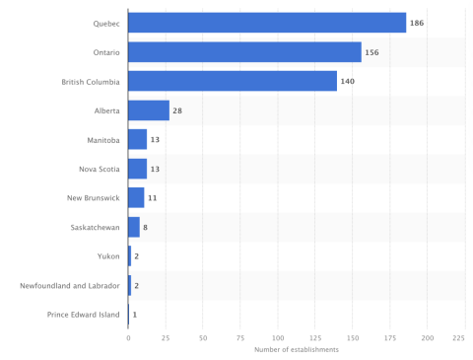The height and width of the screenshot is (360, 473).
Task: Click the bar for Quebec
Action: pyautogui.click(x=266, y=23)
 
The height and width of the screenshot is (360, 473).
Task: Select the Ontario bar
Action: pyautogui.click(x=244, y=52)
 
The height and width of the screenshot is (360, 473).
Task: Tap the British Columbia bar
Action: pyautogui.click(x=233, y=81)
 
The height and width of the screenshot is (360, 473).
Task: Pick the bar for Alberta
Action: pyautogui.click(x=149, y=110)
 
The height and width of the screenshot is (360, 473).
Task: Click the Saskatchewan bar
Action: pyautogui.click(x=134, y=227)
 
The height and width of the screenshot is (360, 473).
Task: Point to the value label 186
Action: pyautogui.click(x=417, y=23)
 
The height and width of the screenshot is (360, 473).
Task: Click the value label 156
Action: pyautogui.click(x=372, y=52)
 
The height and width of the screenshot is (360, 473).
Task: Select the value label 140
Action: pyautogui.click(x=348, y=81)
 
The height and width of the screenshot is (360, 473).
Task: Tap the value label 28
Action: pyautogui.click(x=177, y=110)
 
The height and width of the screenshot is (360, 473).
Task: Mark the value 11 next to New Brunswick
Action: pyautogui.click(x=153, y=198)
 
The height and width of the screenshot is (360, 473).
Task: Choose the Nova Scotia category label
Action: pyautogui.click(x=99, y=169)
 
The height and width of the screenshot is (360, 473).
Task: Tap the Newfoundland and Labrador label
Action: pyautogui.click(x=69, y=286)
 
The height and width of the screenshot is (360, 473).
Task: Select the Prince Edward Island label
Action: pyautogui.click(x=83, y=315)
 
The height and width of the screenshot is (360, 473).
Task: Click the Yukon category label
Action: pyautogui.click(x=108, y=256)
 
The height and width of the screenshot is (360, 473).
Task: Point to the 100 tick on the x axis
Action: pyautogui.click(x=278, y=337)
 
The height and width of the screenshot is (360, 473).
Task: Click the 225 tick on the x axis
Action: pyautogui.click(x=458, y=337)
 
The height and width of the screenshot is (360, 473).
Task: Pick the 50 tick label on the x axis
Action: pyautogui.click(x=203, y=337)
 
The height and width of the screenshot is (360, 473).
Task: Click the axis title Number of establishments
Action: pyautogui.click(x=296, y=350)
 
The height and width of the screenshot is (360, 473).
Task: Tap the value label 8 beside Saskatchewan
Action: pyautogui.click(x=146, y=227)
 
